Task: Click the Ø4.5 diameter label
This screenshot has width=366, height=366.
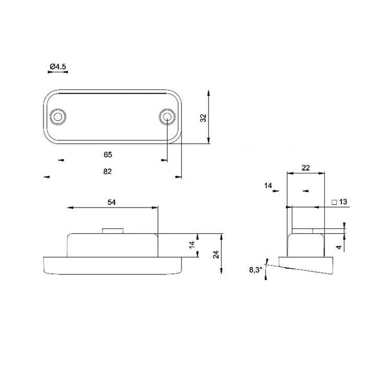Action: [x=57, y=66]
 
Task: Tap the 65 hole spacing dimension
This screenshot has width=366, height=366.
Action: [x=108, y=155]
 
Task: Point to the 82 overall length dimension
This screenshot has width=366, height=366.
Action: [x=108, y=171]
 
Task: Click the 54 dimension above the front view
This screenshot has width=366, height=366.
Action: [x=112, y=202]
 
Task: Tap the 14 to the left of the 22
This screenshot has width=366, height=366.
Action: [x=269, y=186]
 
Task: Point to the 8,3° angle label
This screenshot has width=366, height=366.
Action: [x=255, y=270]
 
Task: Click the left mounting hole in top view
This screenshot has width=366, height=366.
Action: [x=56, y=116]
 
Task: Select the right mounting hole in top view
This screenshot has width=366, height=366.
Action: [x=166, y=116]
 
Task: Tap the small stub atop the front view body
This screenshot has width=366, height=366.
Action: [x=112, y=231]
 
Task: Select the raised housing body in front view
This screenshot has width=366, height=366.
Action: [x=112, y=245]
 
